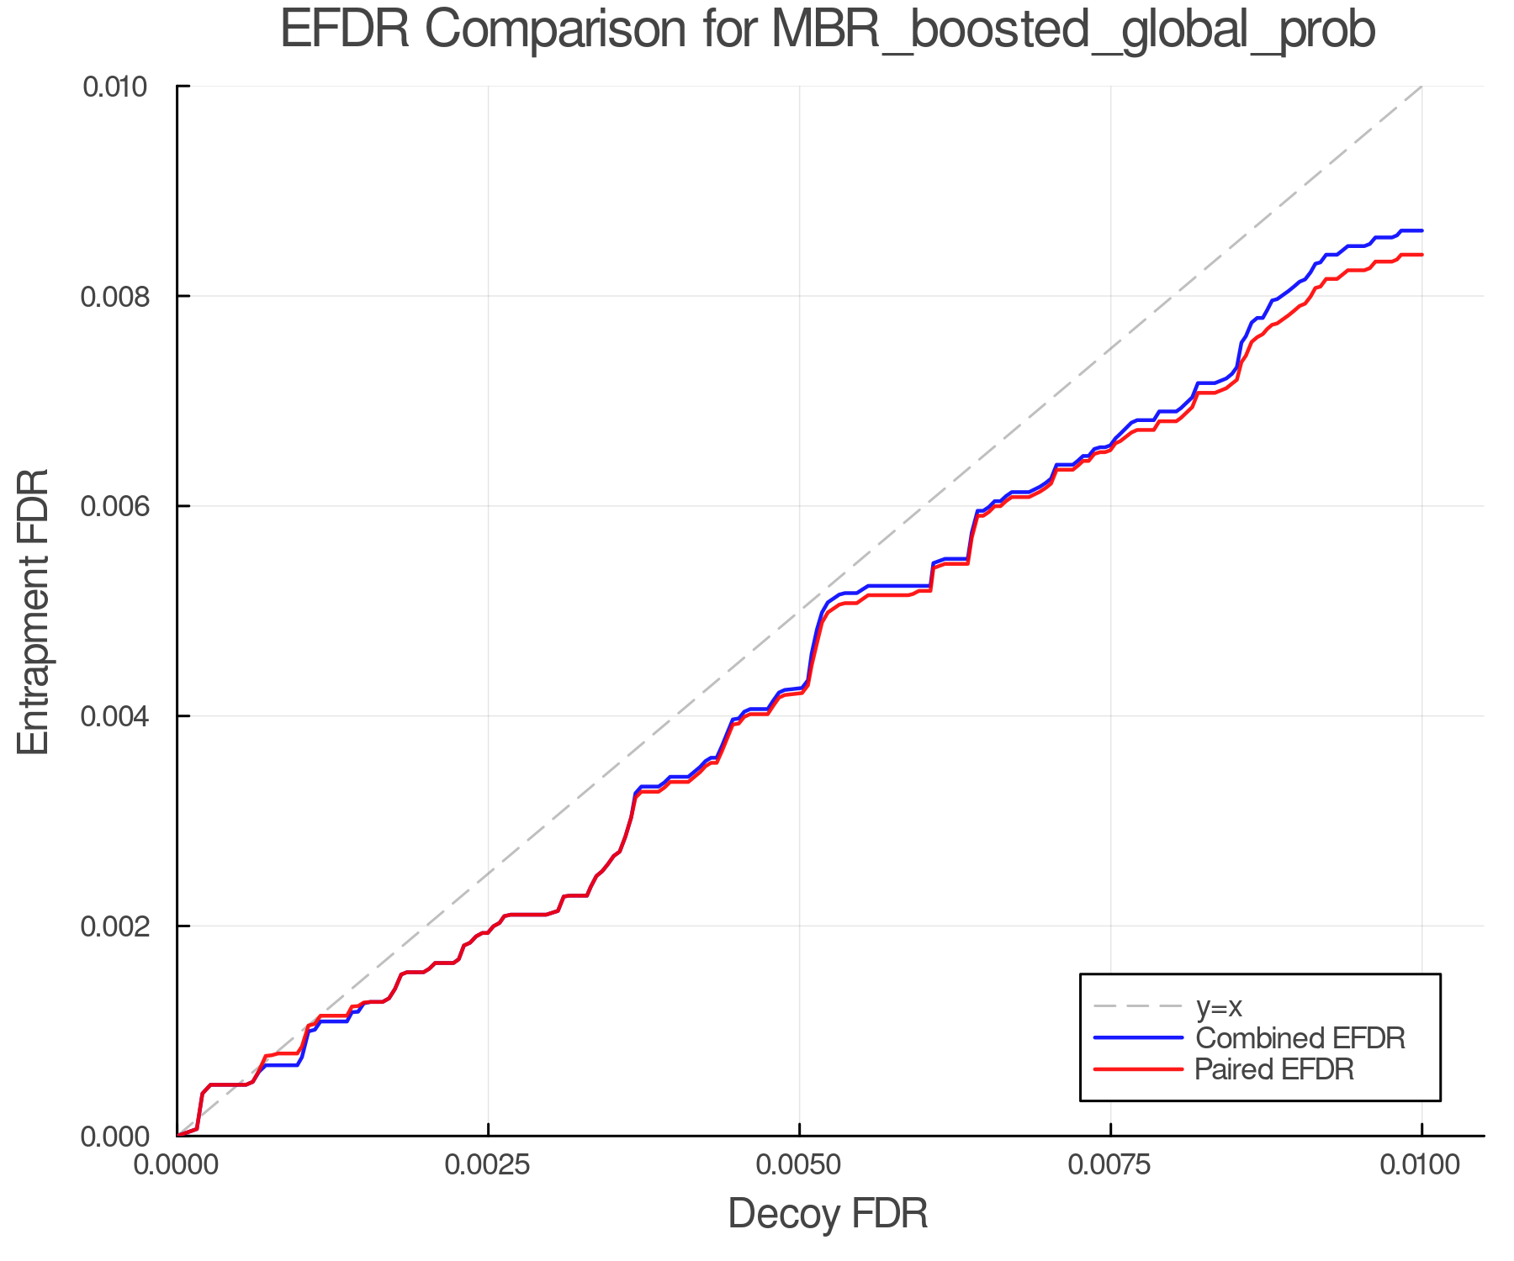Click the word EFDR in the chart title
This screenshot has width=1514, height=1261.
pos(344,29)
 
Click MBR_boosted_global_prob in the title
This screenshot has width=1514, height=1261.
pos(1072,31)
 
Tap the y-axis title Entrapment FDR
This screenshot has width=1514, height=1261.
pos(34,611)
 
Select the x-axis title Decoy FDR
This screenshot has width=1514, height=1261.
pos(828,1214)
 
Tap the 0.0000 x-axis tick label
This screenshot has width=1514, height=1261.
pos(177,1165)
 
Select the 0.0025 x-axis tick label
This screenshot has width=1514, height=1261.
pos(488,1165)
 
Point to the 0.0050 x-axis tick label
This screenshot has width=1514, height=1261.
pos(799,1165)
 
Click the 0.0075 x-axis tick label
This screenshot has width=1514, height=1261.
pos(1110,1165)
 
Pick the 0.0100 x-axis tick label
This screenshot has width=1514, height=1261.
pos(1421,1165)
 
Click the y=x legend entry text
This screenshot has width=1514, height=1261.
pos(1219,1006)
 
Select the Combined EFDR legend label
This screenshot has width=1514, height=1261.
pos(1300,1038)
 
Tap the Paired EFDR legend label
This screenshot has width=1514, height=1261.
pos(1274,1069)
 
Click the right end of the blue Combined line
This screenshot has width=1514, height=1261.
pos(1421,230)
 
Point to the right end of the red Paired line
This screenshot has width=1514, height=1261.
pos(1421,255)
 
